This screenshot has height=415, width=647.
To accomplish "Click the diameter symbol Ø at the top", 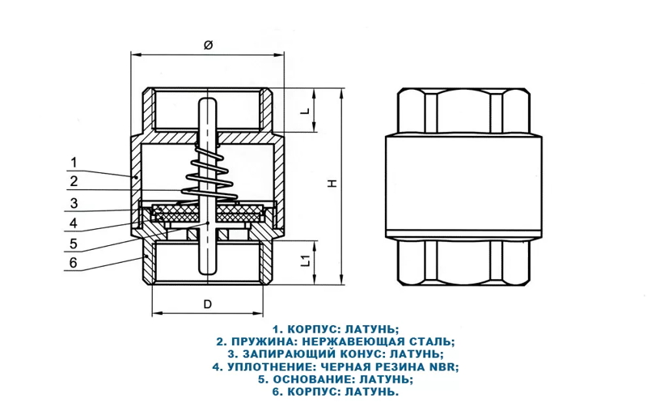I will (x=207, y=45).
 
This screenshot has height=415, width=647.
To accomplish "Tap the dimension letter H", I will (x=332, y=184).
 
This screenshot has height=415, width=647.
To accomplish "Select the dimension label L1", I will (x=305, y=260).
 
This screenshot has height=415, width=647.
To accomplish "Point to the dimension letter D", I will (x=207, y=304).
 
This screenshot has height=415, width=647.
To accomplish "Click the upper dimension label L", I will (x=305, y=111).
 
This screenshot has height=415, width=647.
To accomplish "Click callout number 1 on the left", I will (x=73, y=160).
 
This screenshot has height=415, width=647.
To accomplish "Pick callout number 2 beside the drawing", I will (x=73, y=181).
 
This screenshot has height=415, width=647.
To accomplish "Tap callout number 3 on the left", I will (x=73, y=203).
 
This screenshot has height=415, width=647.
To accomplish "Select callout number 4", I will (x=73, y=222).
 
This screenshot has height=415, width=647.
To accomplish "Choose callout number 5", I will (x=73, y=243).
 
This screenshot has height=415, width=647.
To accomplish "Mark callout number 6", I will (x=73, y=263).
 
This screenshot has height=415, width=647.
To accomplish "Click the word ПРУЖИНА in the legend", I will (x=261, y=341).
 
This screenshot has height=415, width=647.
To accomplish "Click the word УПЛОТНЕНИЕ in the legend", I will (x=269, y=366).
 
